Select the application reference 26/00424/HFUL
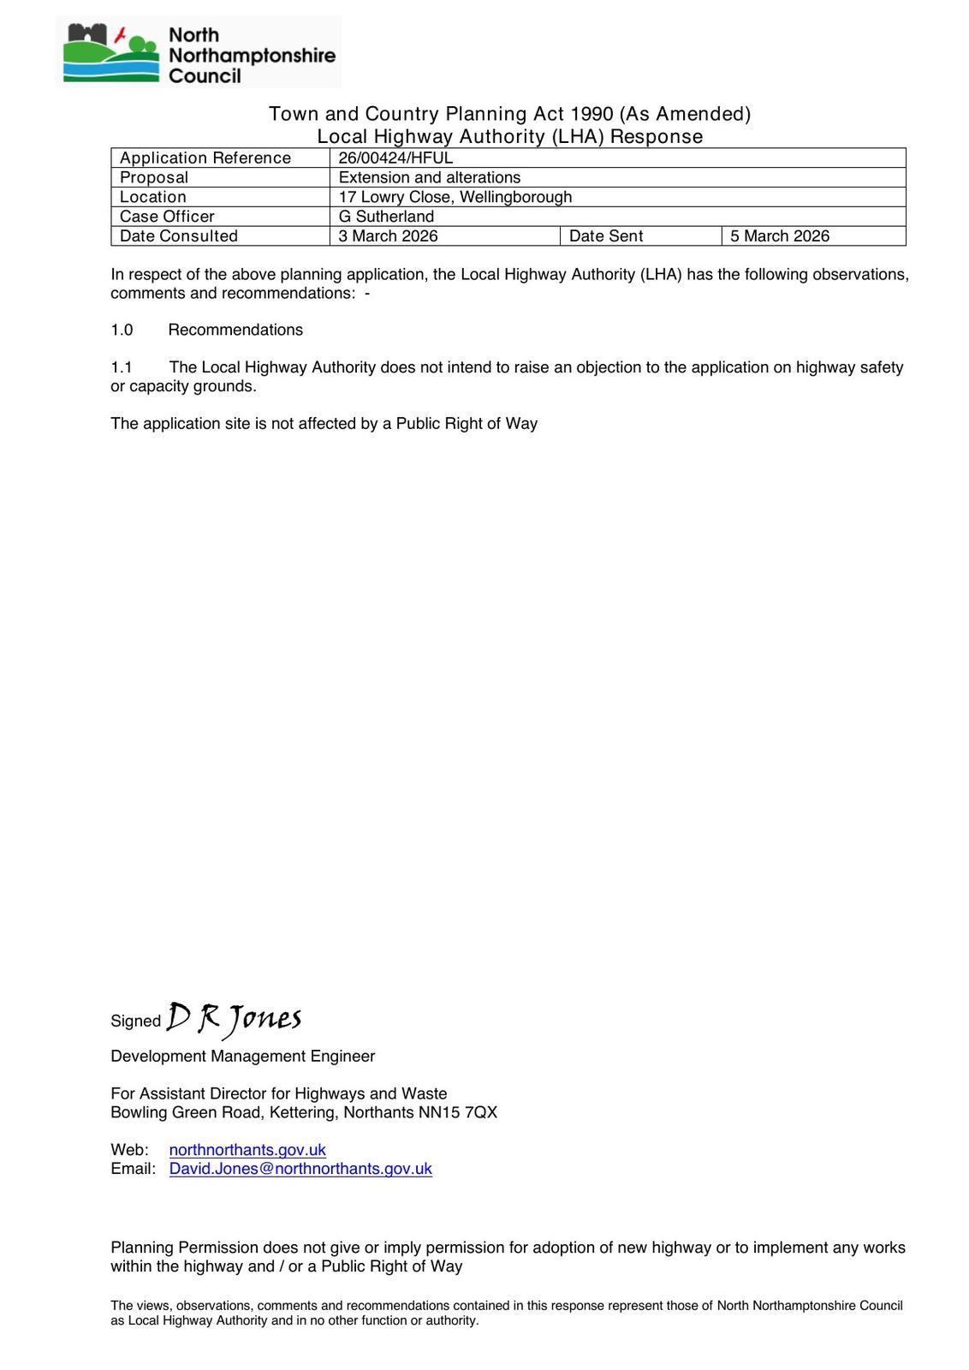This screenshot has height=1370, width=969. coord(395,158)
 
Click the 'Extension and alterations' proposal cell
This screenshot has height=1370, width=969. coord(430,177)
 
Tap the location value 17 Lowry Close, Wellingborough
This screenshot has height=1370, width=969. coord(455,197)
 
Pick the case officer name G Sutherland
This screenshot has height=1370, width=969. coord(386,217)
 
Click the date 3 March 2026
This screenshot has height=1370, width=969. coord(388,236)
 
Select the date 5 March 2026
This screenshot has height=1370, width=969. coord(780,236)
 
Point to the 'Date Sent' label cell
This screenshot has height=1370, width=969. coord(606,236)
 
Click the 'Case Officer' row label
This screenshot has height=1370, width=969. coord(167,217)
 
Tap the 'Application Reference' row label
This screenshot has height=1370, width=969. coord(205,158)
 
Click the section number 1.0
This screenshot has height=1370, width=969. coord(122,331)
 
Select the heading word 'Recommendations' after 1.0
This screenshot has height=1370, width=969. coord(235,331)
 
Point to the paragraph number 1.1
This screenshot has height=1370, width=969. coord(122,367)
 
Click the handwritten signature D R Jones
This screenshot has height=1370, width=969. coord(234,1018)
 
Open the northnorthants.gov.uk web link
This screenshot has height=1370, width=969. coord(247,1150)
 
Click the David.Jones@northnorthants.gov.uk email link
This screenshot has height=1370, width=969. coord(300,1169)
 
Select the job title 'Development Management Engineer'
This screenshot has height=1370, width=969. coord(242,1057)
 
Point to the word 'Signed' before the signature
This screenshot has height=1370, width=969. coord(135,1021)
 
